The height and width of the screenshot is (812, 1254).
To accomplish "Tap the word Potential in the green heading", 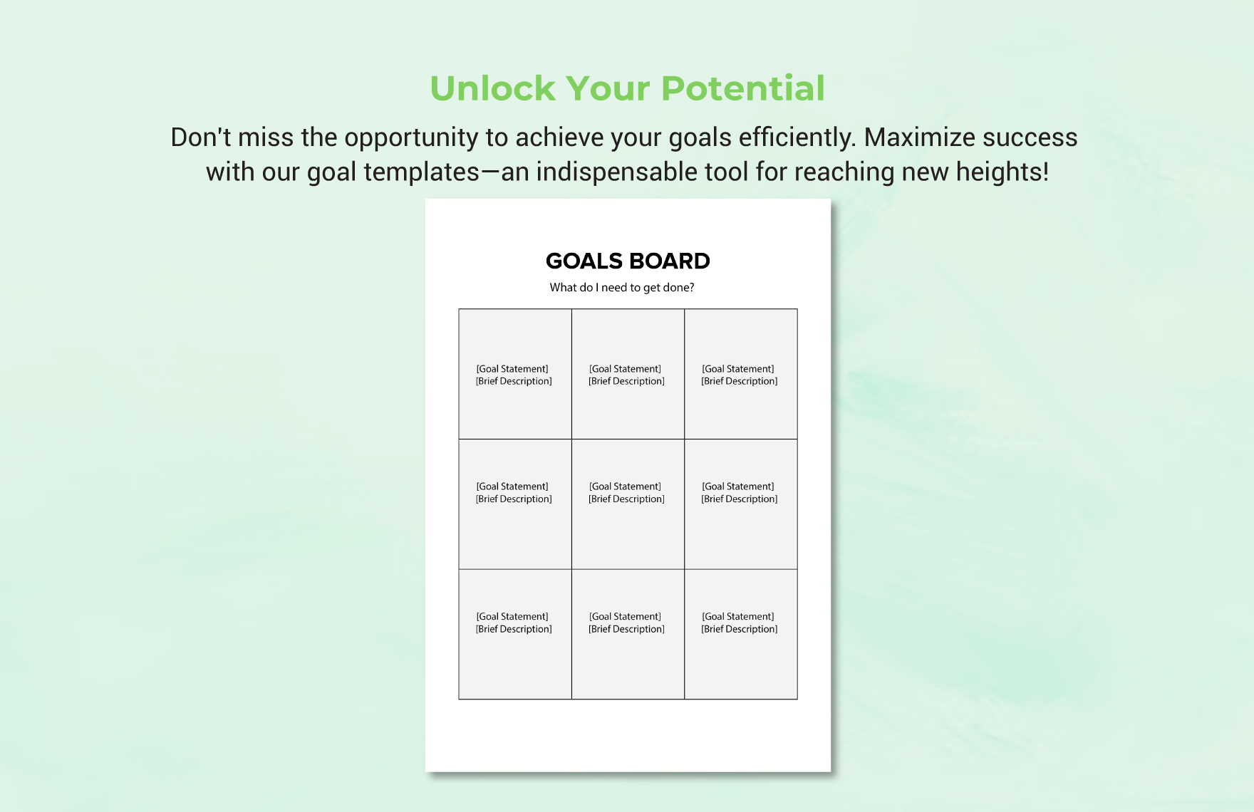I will click(742, 88).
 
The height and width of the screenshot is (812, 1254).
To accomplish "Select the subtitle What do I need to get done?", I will click(622, 288).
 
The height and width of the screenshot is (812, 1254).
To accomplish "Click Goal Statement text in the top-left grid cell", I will click(512, 369).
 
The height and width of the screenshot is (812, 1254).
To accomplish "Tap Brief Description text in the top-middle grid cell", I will click(626, 382).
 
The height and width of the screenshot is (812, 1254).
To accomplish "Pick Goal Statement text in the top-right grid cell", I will click(738, 369).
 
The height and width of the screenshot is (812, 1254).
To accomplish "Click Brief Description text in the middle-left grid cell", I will click(514, 499).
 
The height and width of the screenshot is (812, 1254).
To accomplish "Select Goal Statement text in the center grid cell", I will click(625, 486).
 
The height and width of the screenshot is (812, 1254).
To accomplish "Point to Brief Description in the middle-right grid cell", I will click(740, 499).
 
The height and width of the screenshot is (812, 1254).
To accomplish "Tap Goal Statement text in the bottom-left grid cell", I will click(512, 617).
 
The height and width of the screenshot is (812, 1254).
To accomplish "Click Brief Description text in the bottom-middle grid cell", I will click(626, 630).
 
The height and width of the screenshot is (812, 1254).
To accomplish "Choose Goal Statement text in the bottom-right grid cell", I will click(738, 617).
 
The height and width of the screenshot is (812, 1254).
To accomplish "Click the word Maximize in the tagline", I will click(913, 137).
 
